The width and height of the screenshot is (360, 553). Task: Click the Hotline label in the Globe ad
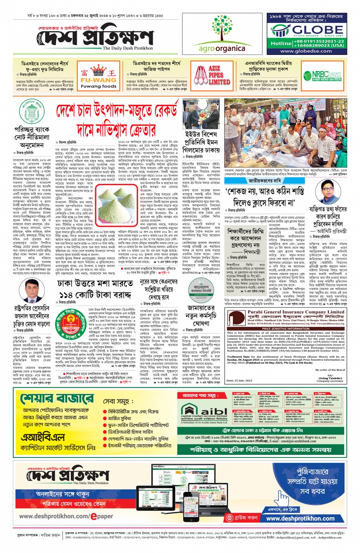281,43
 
